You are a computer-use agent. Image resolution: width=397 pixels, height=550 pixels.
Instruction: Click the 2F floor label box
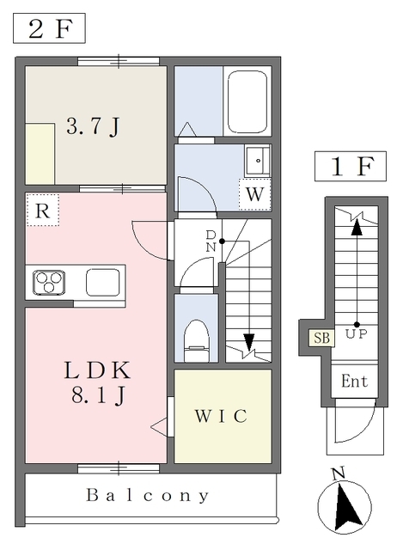click(x=49, y=28)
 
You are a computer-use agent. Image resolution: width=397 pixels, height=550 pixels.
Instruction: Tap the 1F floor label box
click(x=351, y=166)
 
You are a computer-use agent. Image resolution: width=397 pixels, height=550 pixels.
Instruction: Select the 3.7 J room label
click(x=94, y=126)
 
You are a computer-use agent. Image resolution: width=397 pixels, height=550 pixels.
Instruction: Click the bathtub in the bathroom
click(x=247, y=101)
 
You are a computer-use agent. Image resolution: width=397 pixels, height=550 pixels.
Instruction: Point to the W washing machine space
click(x=254, y=194)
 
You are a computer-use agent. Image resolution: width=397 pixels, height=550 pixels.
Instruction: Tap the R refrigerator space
click(x=42, y=210)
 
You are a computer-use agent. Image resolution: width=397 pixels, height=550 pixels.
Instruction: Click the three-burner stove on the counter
click(x=49, y=283)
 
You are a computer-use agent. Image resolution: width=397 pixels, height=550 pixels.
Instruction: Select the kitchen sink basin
click(x=103, y=283)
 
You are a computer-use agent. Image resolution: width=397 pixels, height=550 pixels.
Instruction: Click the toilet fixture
click(x=197, y=340)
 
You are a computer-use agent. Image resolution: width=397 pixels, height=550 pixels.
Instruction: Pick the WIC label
click(x=222, y=416)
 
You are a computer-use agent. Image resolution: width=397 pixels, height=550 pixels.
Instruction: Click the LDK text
click(x=97, y=370)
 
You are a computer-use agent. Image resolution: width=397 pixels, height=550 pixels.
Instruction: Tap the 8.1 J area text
click(x=99, y=395)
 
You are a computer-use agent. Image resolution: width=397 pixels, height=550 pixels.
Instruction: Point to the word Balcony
click(x=148, y=496)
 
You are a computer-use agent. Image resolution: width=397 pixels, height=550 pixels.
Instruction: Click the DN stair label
click(x=211, y=241)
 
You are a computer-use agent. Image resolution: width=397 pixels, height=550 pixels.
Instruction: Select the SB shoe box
click(x=321, y=338)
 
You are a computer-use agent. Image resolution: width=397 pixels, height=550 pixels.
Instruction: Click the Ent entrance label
click(x=355, y=382)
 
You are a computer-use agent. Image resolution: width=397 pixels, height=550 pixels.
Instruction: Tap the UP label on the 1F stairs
click(x=357, y=334)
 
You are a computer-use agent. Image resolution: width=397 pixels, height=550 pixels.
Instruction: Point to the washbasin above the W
click(x=258, y=161)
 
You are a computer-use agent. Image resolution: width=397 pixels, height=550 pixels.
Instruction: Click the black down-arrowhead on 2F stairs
click(x=249, y=342)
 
